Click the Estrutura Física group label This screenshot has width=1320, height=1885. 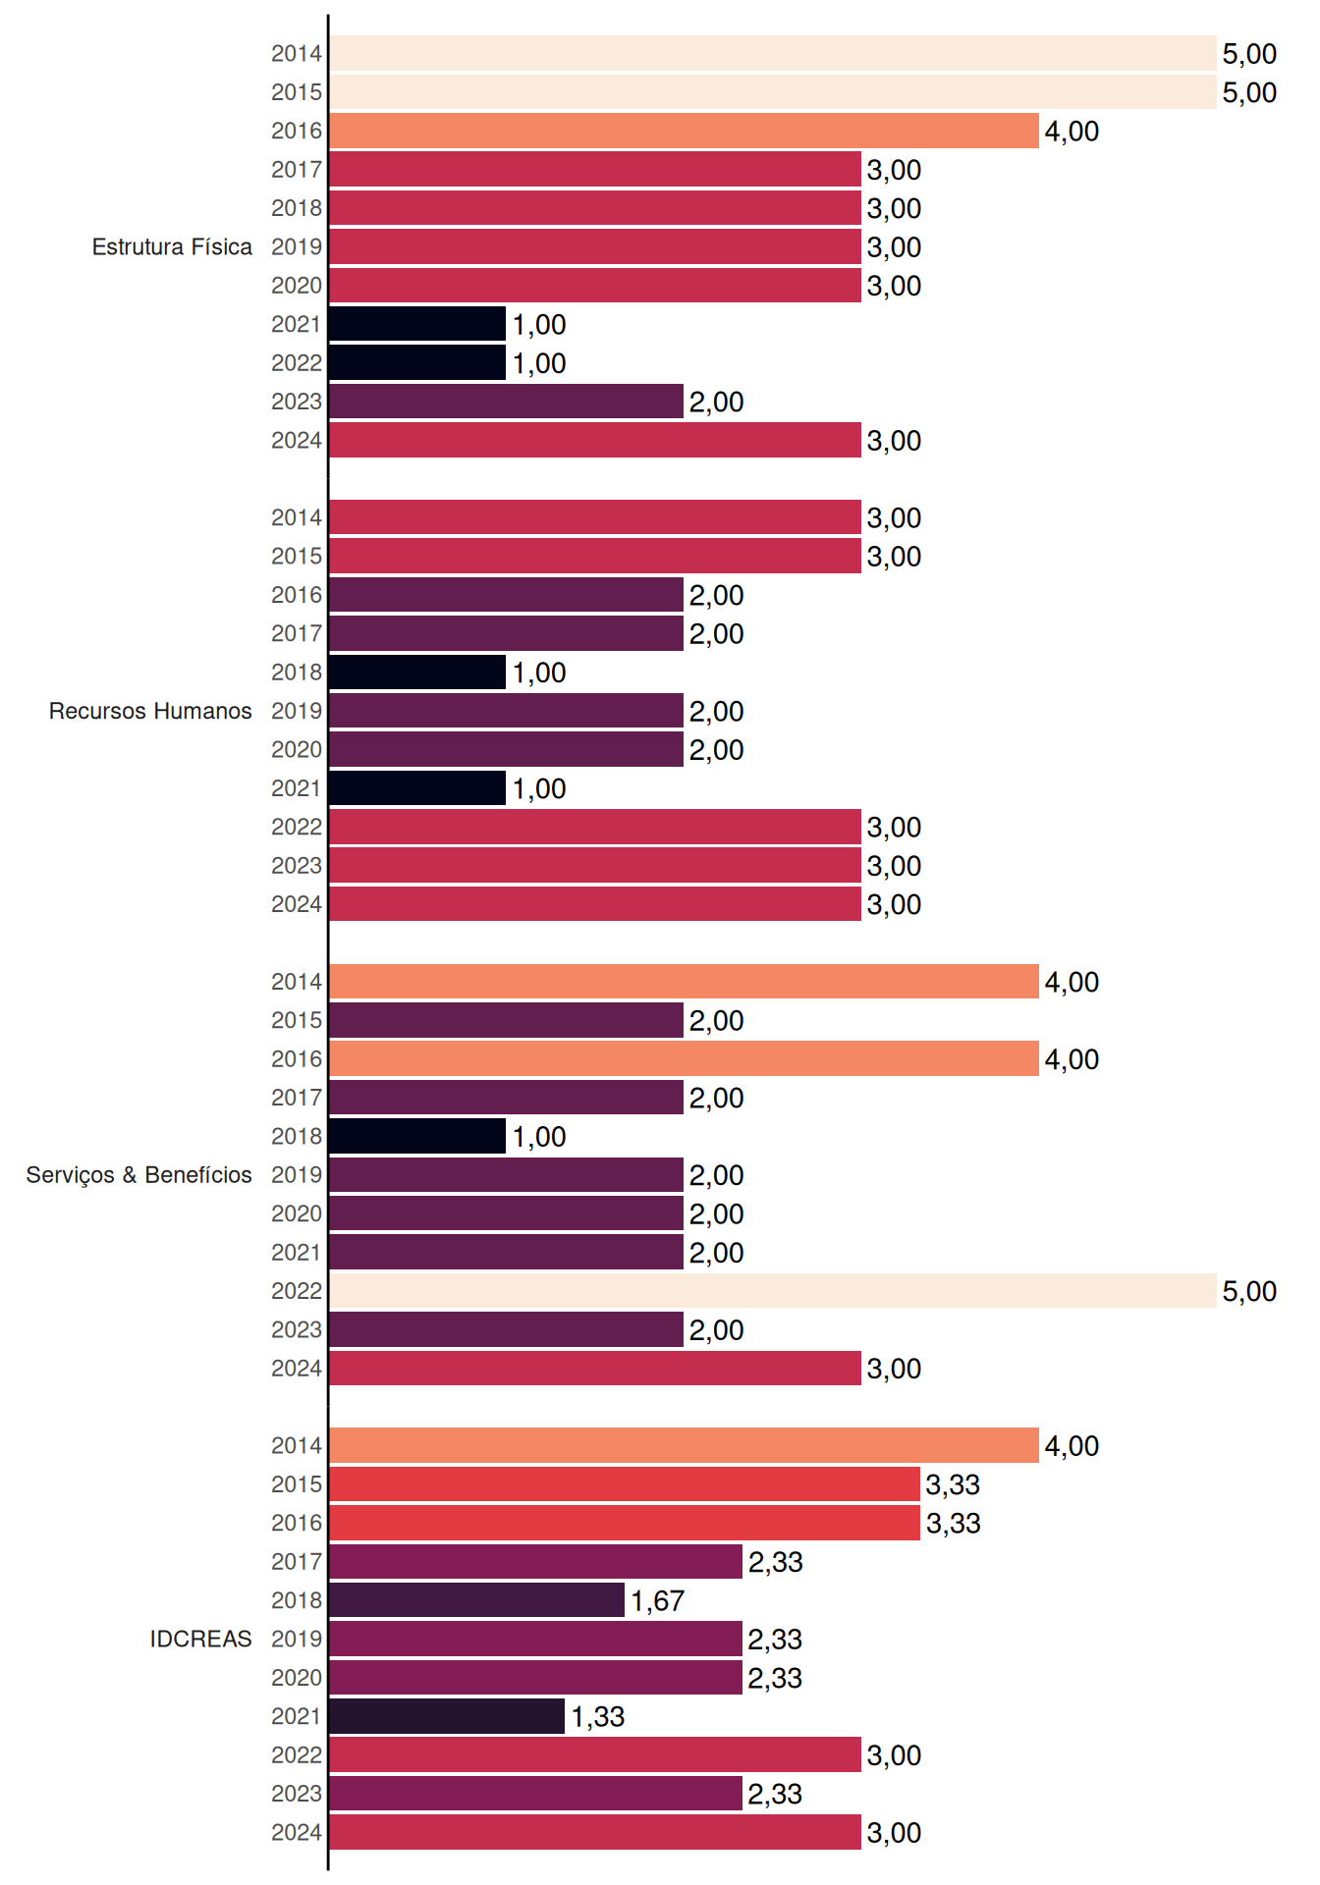172,246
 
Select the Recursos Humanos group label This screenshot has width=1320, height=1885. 150,711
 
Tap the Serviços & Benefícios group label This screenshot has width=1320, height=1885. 138,1175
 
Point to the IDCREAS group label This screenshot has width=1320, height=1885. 200,1639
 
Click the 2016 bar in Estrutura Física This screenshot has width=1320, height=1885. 684,131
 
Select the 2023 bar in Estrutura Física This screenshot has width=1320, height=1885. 506,402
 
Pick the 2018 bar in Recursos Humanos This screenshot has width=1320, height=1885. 417,673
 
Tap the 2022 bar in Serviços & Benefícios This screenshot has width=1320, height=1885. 773,1291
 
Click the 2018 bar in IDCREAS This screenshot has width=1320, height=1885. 476,1600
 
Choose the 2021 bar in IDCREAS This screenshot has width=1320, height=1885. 447,1716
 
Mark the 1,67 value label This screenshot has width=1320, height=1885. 657,1601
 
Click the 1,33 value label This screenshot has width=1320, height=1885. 598,1717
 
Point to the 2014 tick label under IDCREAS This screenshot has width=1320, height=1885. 297,1445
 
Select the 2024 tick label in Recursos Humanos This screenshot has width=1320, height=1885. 297,904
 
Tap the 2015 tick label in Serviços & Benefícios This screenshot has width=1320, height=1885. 297,1020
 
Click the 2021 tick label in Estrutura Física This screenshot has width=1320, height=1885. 297,324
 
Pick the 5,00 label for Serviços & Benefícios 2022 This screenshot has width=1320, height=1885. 1249,1292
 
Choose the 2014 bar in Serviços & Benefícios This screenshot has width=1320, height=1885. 684,982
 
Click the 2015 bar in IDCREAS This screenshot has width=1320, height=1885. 625,1484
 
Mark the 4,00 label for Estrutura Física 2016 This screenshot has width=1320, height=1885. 1072,132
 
